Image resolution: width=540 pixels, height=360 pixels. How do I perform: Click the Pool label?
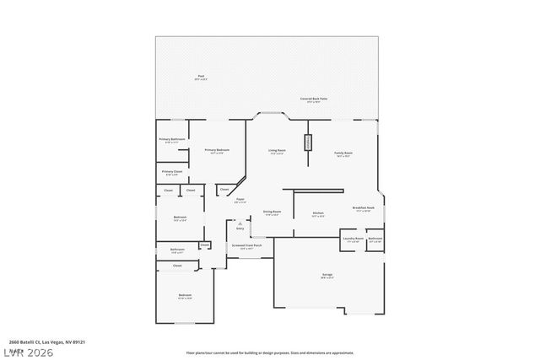[201, 78]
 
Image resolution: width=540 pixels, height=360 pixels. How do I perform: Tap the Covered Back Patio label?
[315, 99]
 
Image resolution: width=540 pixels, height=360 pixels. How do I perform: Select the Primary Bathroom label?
[171, 140]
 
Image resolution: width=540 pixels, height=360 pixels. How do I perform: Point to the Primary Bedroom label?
[217, 151]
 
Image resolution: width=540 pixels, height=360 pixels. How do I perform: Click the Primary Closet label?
[172, 172]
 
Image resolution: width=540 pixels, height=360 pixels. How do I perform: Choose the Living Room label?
[277, 153]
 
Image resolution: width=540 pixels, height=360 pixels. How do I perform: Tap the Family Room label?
[343, 154]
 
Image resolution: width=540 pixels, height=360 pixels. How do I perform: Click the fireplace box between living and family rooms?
[309, 144]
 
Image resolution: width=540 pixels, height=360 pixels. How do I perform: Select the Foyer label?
[240, 201]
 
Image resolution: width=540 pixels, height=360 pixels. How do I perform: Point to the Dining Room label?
[272, 212]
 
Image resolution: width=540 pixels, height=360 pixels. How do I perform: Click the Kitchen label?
[318, 214]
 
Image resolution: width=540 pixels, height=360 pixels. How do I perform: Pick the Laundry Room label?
[353, 239]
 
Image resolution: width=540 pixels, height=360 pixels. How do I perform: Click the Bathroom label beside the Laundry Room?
[375, 239]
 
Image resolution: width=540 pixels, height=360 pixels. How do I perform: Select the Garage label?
[327, 276]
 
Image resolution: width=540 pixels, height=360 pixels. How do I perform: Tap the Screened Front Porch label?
[246, 247]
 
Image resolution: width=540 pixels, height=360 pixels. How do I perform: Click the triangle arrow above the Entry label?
[240, 223]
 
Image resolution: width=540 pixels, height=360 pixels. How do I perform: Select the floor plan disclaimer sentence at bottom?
[270, 352]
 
